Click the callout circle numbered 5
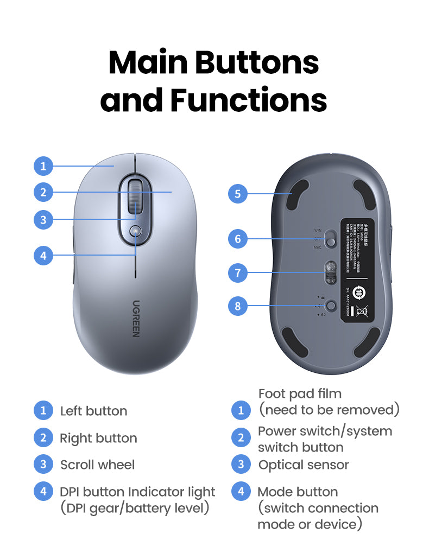238,194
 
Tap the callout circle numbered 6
238,238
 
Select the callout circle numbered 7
238,272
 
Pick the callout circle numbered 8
238,306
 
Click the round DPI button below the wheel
135,232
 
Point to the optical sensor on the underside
330,271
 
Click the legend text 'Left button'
93,411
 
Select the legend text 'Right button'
98,438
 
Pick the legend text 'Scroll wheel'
97,465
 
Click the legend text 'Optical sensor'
304,465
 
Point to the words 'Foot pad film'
300,393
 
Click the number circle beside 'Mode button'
241,492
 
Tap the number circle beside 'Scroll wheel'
43,465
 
